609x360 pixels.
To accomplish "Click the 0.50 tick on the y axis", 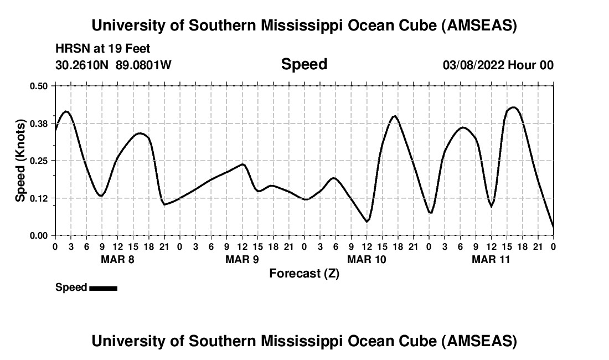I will pyautogui.click(x=39, y=86).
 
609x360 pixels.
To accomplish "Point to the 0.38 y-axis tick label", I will pyautogui.click(x=39, y=123).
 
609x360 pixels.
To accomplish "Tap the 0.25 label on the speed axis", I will pyautogui.click(x=39, y=161).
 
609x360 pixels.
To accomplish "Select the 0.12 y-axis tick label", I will pyautogui.click(x=39, y=198).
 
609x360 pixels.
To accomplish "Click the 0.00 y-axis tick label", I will pyautogui.click(x=39, y=236).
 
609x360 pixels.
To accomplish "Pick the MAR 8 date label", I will pyautogui.click(x=117, y=259).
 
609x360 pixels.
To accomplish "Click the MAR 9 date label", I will pyautogui.click(x=242, y=259).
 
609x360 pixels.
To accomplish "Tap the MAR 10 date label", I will pyautogui.click(x=367, y=259).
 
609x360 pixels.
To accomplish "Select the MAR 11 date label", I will pyautogui.click(x=491, y=259).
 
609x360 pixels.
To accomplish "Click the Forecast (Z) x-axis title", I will pyautogui.click(x=304, y=273).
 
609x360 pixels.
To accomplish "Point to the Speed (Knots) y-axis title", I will pyautogui.click(x=20, y=161).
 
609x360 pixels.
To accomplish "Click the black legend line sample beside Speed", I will pyautogui.click(x=103, y=288).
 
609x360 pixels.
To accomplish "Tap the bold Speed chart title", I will pyautogui.click(x=304, y=64).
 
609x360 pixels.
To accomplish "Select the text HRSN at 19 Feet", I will pyautogui.click(x=103, y=49).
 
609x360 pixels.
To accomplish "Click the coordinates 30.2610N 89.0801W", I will pyautogui.click(x=113, y=65).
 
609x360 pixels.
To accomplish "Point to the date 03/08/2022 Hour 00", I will pyautogui.click(x=498, y=65).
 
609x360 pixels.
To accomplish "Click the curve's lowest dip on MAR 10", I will pyautogui.click(x=367, y=222).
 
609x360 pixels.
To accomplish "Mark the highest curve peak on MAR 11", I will pyautogui.click(x=513, y=107).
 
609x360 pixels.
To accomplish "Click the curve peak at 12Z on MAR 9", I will pyautogui.click(x=242, y=164).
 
